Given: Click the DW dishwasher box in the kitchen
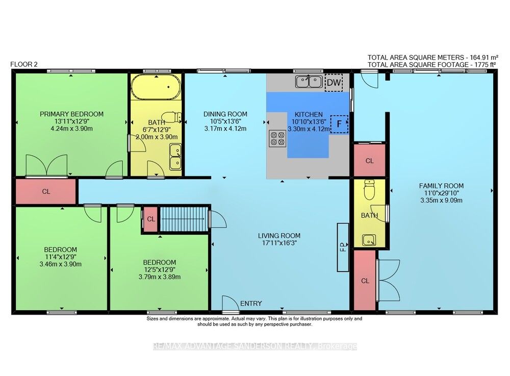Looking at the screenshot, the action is point(334,82).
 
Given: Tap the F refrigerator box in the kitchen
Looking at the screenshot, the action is point(339,124).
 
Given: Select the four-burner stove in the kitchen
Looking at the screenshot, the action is point(277,138).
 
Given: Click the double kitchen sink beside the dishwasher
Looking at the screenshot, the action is point(309,81).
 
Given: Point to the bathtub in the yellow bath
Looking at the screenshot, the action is point(156,87).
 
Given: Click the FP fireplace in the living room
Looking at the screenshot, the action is point(343,247).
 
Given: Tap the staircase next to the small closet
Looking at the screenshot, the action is point(184,219).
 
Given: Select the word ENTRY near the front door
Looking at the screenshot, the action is point(251,304).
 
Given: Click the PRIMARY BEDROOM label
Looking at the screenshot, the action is point(71,114).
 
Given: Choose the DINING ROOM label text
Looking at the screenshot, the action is point(225,114).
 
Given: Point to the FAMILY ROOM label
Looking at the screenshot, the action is point(441,186).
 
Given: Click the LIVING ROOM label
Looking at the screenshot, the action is point(279,236).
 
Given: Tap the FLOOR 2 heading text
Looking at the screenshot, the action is point(24,64).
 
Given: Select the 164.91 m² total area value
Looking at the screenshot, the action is point(481,57).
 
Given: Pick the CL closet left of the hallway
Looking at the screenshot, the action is point(46,192).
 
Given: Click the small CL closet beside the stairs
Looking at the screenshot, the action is point(151,219).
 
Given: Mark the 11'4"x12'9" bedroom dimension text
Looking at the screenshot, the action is point(61,257).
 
